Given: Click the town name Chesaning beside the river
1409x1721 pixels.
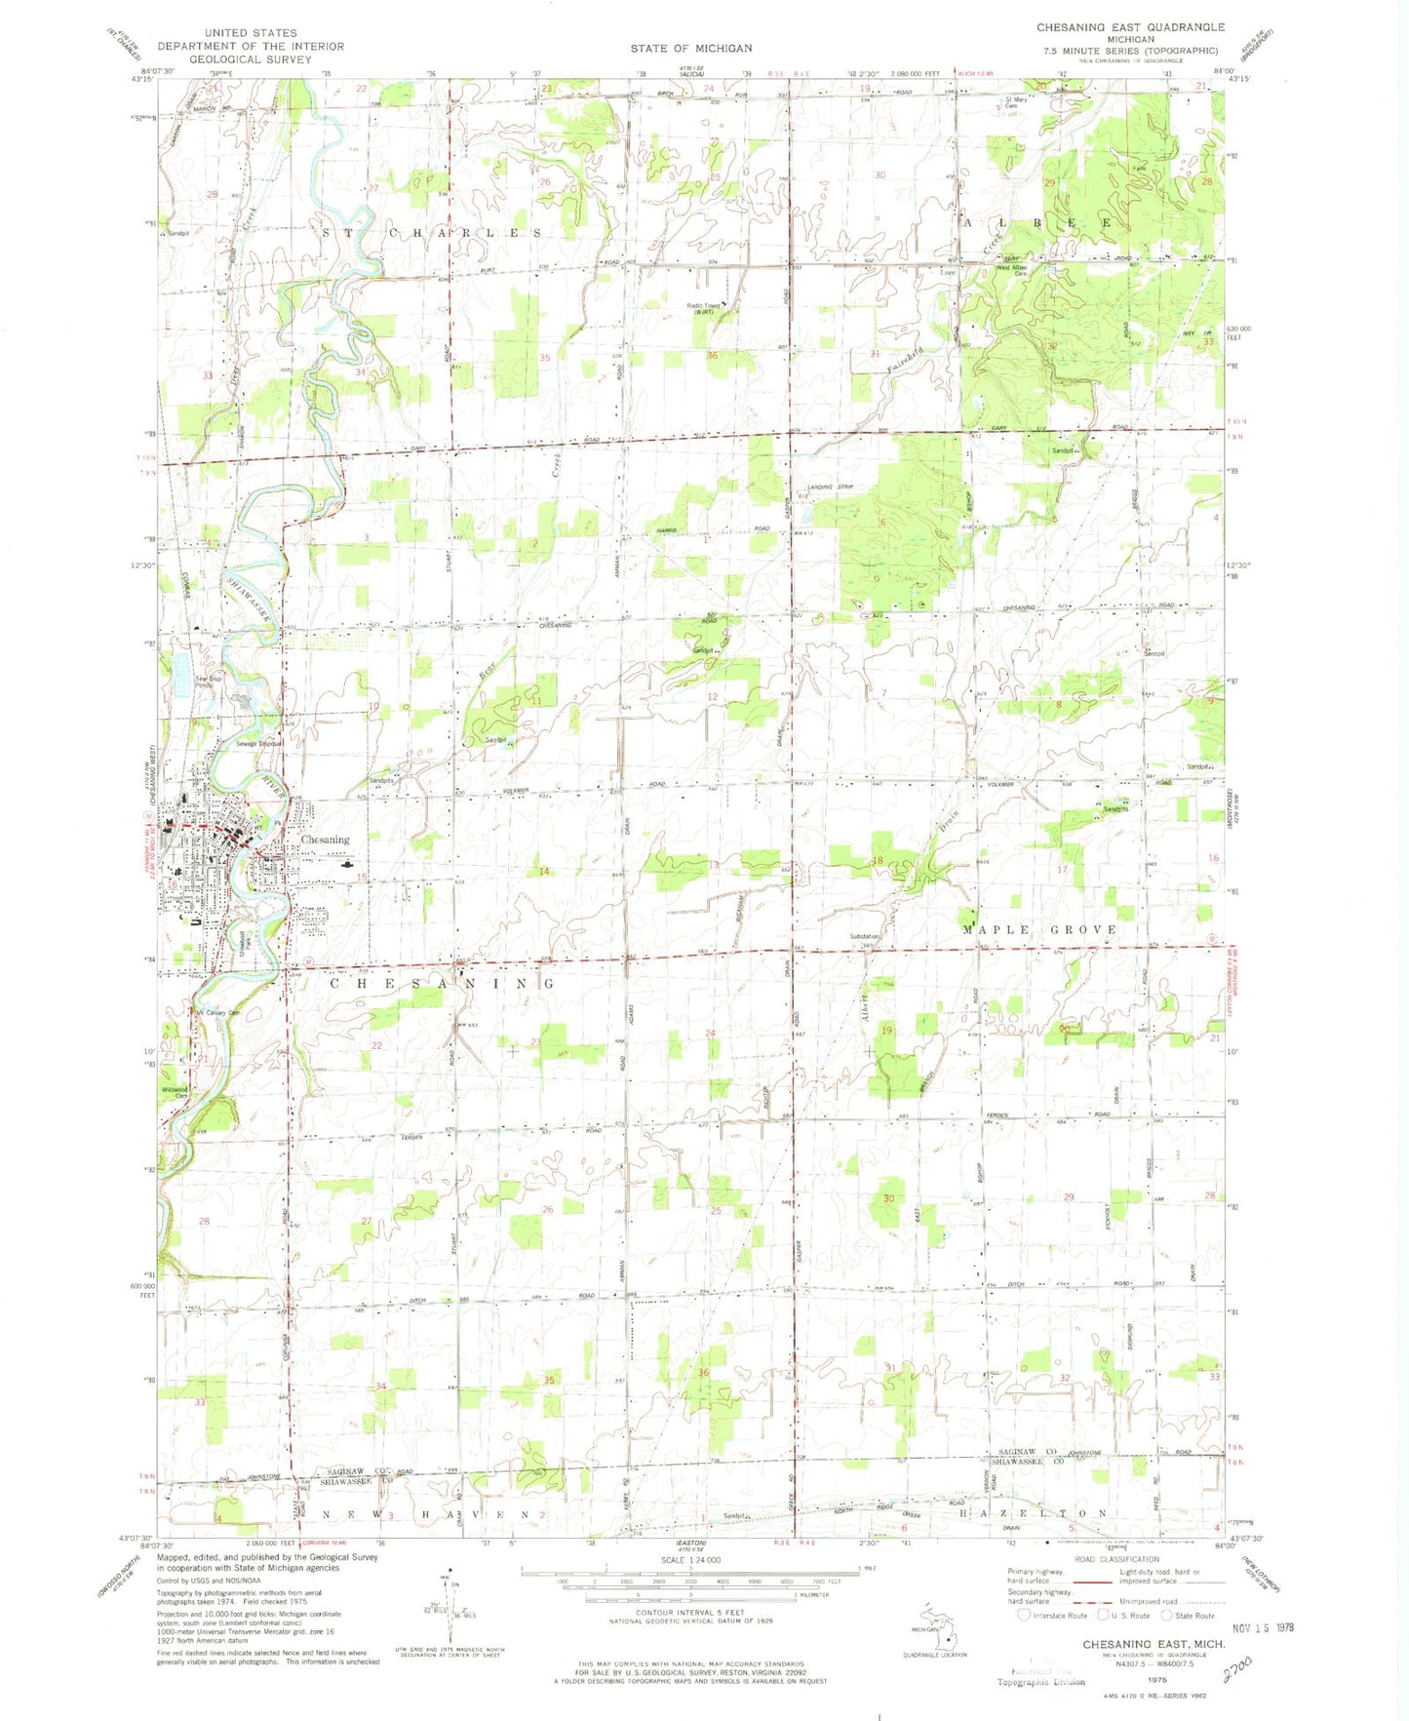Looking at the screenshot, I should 325,840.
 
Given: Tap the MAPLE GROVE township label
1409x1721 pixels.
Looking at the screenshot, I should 1039,929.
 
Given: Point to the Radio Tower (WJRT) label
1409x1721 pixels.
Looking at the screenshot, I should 706,309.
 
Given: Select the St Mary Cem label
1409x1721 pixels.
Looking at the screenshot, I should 1016,102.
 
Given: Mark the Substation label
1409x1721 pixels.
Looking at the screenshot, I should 865,936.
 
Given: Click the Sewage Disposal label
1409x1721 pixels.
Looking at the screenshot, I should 259,744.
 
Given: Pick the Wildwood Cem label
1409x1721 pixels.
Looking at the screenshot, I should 176,1092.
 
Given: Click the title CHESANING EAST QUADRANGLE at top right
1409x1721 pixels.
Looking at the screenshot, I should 1130,27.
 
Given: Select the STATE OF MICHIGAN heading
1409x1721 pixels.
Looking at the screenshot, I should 690,48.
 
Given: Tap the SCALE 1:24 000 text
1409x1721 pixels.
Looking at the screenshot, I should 688,1561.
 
